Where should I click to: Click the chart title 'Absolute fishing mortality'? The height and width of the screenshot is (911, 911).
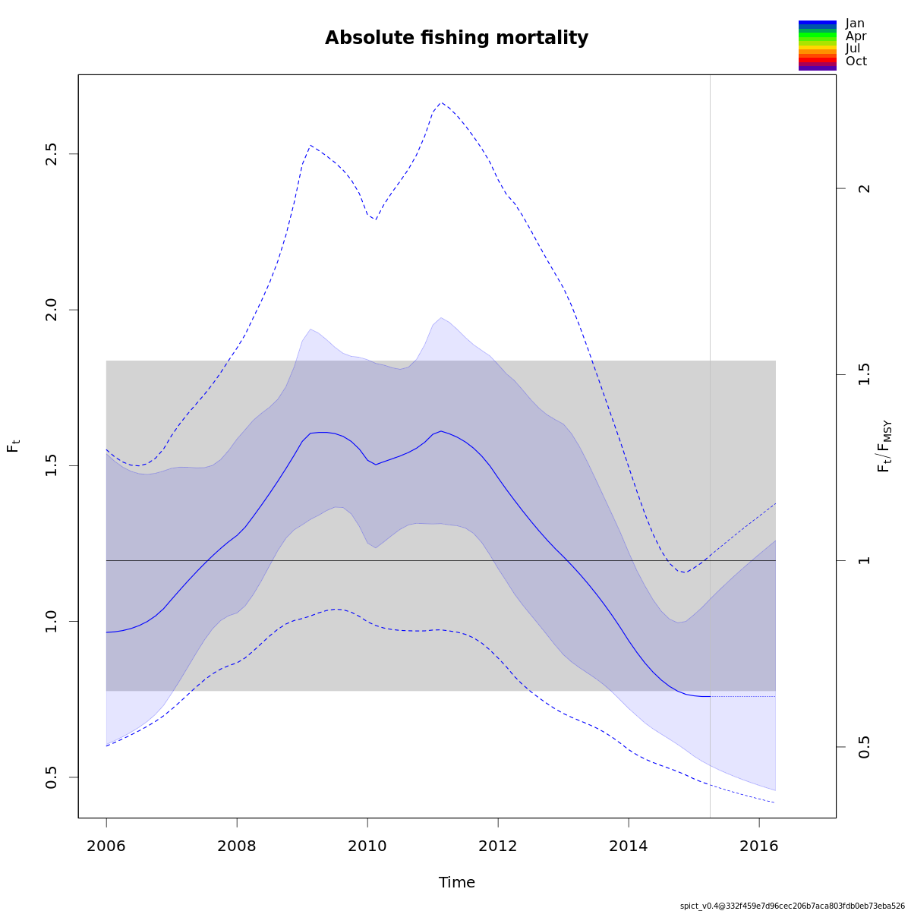(x=456, y=38)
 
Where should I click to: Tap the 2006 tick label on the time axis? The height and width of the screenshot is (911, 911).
(x=106, y=846)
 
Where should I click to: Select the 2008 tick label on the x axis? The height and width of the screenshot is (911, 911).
(x=237, y=846)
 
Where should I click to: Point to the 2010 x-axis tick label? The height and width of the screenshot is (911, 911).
(x=367, y=846)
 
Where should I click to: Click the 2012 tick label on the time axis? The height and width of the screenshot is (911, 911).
(x=498, y=846)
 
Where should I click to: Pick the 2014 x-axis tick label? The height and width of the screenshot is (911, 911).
(x=629, y=846)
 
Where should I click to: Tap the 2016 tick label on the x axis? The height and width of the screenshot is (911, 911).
(x=759, y=846)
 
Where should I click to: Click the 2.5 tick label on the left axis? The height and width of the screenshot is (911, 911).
(x=52, y=154)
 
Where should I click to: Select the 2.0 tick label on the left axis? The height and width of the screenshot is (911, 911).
(x=52, y=310)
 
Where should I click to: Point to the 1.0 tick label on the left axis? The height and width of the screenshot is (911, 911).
(x=52, y=621)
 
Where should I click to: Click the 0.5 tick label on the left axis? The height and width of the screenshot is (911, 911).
(x=52, y=777)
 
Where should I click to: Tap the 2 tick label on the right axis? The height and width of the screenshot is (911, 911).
(x=864, y=188)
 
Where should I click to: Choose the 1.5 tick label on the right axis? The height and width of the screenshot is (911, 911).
(x=864, y=375)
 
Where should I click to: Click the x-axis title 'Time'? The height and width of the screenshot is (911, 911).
(x=457, y=882)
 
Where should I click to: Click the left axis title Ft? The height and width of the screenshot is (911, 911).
(x=13, y=446)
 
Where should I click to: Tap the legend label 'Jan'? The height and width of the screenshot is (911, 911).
(x=855, y=24)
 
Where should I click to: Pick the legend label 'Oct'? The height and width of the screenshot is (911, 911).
(x=856, y=61)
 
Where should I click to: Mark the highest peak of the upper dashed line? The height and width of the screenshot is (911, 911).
(x=441, y=102)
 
